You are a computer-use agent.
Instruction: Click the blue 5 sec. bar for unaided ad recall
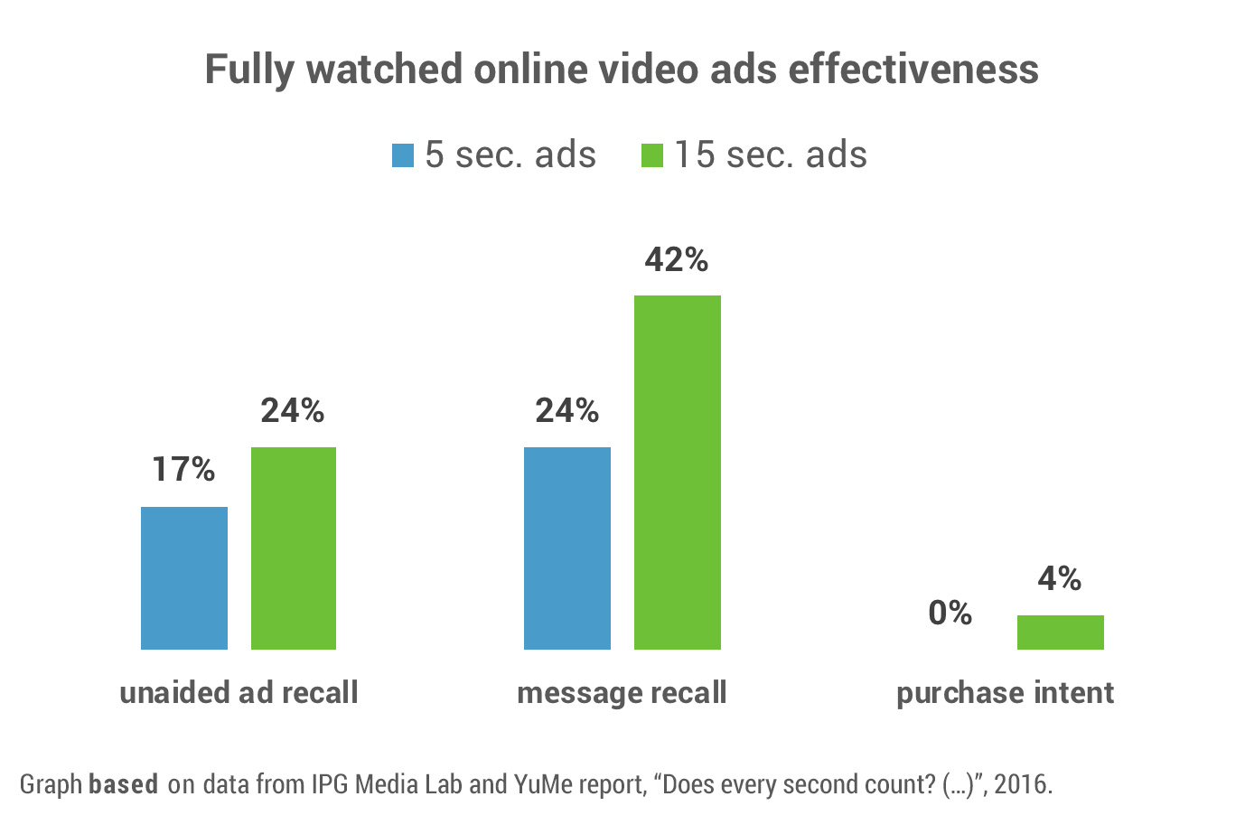coord(184,577)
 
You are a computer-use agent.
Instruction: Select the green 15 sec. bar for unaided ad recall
coord(294,548)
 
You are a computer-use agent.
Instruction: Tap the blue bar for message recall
coord(567,548)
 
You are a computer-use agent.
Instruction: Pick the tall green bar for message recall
coord(678,472)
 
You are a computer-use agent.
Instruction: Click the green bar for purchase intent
coord(1061,632)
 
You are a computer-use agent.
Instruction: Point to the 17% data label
coord(183,469)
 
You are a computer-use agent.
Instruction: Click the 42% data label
coord(677,260)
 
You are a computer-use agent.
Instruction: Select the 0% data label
coord(950,613)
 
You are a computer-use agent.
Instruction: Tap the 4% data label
coord(1060,578)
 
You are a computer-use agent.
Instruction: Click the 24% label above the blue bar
coord(567,411)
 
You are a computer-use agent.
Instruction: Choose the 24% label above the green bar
coord(293,411)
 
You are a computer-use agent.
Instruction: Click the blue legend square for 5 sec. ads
coord(403,155)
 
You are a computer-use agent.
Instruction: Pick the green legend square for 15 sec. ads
coord(652,155)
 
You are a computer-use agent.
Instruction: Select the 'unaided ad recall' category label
coord(239,693)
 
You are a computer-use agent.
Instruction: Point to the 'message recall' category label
coord(622,693)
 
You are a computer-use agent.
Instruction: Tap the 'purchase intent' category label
coord(1005,693)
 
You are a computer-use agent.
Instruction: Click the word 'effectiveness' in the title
coord(913,70)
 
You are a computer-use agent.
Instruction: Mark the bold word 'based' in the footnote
coord(124,783)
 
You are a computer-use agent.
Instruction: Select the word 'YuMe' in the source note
coord(544,783)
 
